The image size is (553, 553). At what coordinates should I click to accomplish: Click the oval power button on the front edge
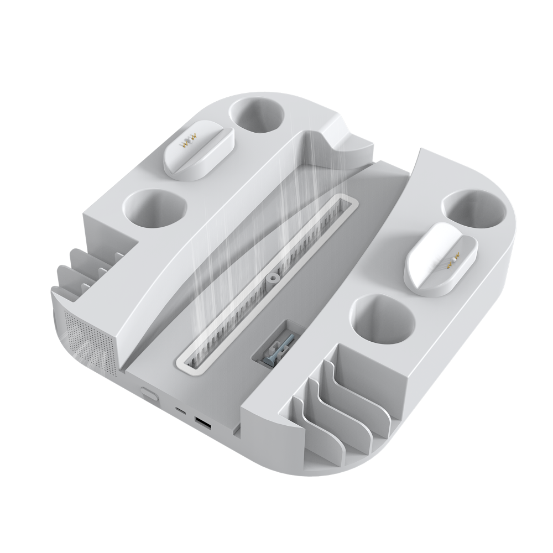pyautogui.click(x=148, y=393)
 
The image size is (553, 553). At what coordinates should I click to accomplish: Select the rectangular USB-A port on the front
pyautogui.click(x=202, y=425)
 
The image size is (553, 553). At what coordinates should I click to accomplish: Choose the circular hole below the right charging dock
pyautogui.click(x=382, y=317)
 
